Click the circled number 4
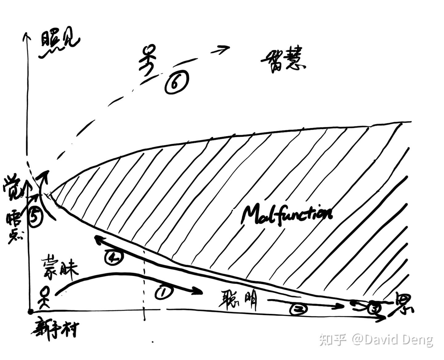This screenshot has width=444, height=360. point(114,257)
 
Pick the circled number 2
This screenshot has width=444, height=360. point(298,309)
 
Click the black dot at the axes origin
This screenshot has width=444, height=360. point(30,312)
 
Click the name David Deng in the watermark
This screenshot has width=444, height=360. point(399,340)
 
